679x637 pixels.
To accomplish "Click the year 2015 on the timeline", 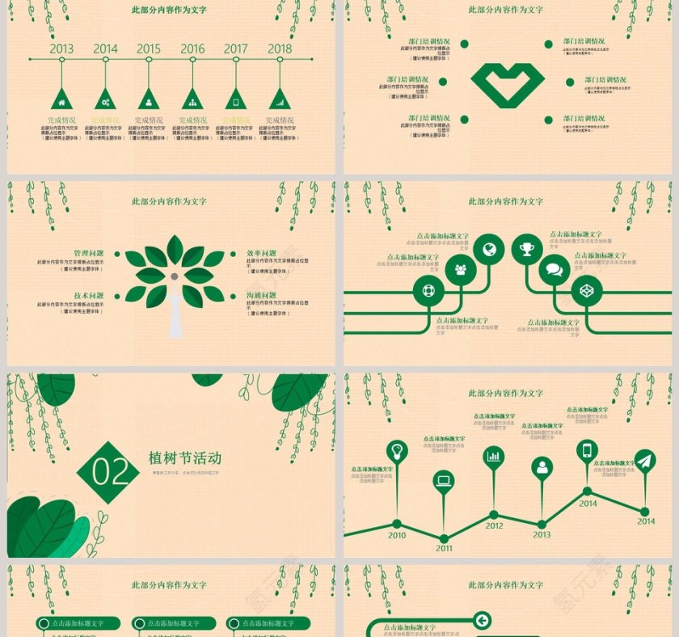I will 149,49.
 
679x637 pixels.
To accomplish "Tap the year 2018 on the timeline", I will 280,49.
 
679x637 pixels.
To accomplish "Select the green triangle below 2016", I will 192,99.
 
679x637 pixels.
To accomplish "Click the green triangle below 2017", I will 236,99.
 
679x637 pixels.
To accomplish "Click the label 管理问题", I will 89,253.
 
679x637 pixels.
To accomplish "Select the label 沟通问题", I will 261,296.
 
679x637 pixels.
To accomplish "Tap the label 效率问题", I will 261,253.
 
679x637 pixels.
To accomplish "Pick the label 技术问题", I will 89,296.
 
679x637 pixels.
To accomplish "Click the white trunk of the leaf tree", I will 175,315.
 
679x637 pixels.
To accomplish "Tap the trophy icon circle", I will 527,249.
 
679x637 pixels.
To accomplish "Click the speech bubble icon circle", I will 554,270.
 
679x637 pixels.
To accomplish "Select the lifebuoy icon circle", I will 428,291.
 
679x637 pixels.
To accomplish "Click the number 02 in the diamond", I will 108,472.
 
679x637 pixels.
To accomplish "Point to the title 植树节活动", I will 185,458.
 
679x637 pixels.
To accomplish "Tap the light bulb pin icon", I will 397,450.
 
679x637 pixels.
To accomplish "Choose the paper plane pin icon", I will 644,461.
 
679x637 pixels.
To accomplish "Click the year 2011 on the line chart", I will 444,548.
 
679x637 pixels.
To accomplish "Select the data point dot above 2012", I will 494,514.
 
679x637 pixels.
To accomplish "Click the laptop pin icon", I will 444,481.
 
